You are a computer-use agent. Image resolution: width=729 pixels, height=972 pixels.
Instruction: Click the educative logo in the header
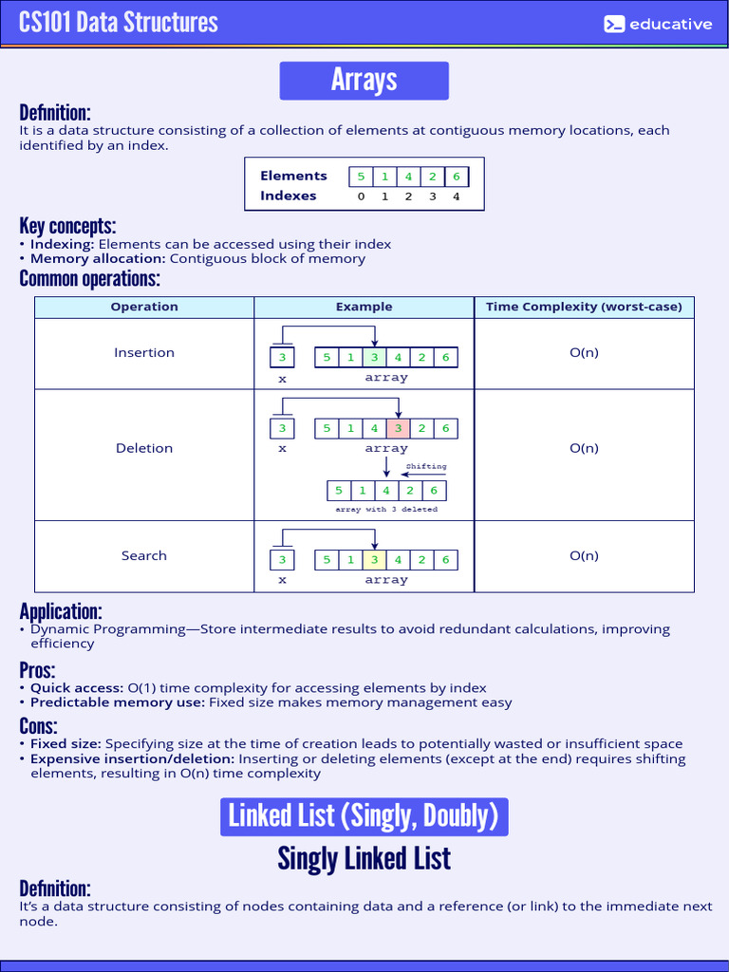click(658, 25)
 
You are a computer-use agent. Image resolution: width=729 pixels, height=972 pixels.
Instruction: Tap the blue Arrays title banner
click(364, 81)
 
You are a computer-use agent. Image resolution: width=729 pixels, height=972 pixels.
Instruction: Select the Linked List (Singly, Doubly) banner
click(364, 816)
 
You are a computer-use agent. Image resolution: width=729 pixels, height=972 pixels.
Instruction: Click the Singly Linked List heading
click(364, 859)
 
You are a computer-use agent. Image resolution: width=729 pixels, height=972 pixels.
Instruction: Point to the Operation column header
click(144, 307)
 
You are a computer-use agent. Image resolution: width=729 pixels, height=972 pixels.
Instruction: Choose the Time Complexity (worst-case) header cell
click(584, 307)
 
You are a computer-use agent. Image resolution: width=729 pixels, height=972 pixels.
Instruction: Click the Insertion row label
click(144, 352)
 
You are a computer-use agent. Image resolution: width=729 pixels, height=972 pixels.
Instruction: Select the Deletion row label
click(144, 448)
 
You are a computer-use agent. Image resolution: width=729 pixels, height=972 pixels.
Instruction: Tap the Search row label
click(144, 555)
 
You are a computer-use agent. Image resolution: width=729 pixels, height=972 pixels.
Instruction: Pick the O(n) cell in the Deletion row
click(584, 448)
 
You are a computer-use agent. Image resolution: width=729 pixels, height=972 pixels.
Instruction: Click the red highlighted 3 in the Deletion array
click(399, 428)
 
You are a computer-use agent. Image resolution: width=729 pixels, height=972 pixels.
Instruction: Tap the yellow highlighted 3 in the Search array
click(375, 560)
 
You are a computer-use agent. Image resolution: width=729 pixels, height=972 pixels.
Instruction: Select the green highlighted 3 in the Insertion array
click(375, 358)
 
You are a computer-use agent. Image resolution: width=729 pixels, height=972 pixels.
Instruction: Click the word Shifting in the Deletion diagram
click(426, 467)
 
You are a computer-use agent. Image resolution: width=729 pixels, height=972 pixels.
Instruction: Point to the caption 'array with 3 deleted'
click(386, 510)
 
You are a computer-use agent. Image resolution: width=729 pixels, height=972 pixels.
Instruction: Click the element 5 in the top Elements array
click(361, 177)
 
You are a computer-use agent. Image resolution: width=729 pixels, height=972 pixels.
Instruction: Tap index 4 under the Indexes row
click(456, 196)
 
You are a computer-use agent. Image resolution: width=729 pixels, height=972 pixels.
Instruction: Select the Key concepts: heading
click(67, 226)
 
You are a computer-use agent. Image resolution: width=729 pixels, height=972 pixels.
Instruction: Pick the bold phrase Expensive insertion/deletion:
click(132, 759)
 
